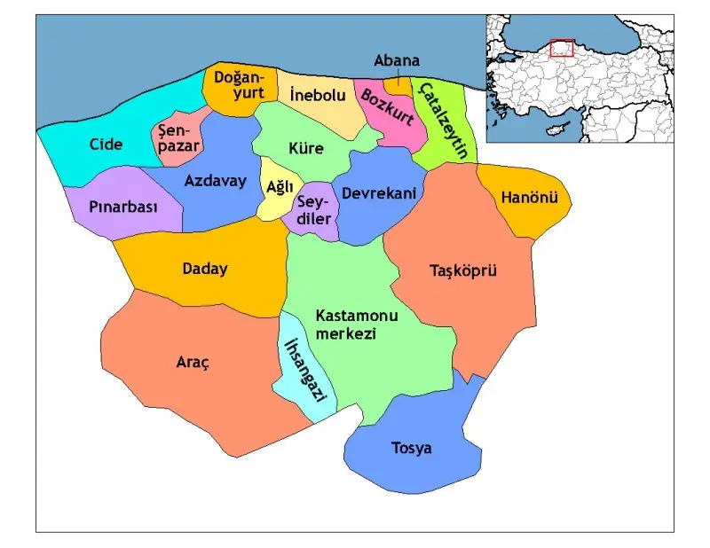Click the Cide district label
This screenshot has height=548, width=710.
coord(106,144)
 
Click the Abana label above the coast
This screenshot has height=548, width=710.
coord(396,61)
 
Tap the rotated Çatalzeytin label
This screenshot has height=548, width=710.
coord(443,120)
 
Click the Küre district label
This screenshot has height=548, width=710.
coord(305,148)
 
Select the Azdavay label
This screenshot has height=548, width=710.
coord(215,180)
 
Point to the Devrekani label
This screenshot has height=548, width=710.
coord(379,192)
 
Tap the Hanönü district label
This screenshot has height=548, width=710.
coord(529,197)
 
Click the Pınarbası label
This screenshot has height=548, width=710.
coord(123,207)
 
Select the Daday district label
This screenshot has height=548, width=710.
coord(204,269)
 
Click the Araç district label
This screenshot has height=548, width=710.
coord(192,362)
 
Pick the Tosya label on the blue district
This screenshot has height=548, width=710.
coord(412,448)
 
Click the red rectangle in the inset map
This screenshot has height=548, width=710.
coord(562,48)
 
